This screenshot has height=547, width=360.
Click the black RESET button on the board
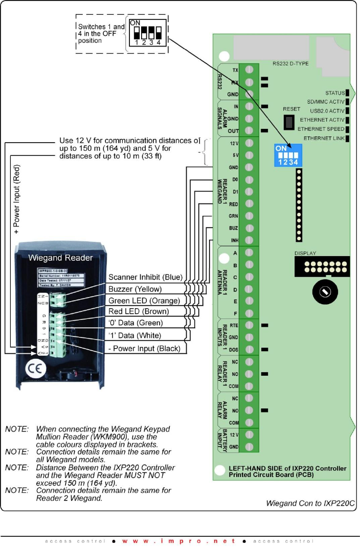(289, 121)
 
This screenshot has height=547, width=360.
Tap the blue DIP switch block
(287, 155)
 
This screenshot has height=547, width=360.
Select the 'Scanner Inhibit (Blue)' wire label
(145, 277)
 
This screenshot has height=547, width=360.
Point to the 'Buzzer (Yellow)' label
(136, 289)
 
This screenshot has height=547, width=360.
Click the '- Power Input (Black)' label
(147, 348)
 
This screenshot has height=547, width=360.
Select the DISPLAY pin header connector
(322, 266)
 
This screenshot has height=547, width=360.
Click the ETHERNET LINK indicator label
(324, 139)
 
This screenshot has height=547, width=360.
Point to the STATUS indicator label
(334, 93)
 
